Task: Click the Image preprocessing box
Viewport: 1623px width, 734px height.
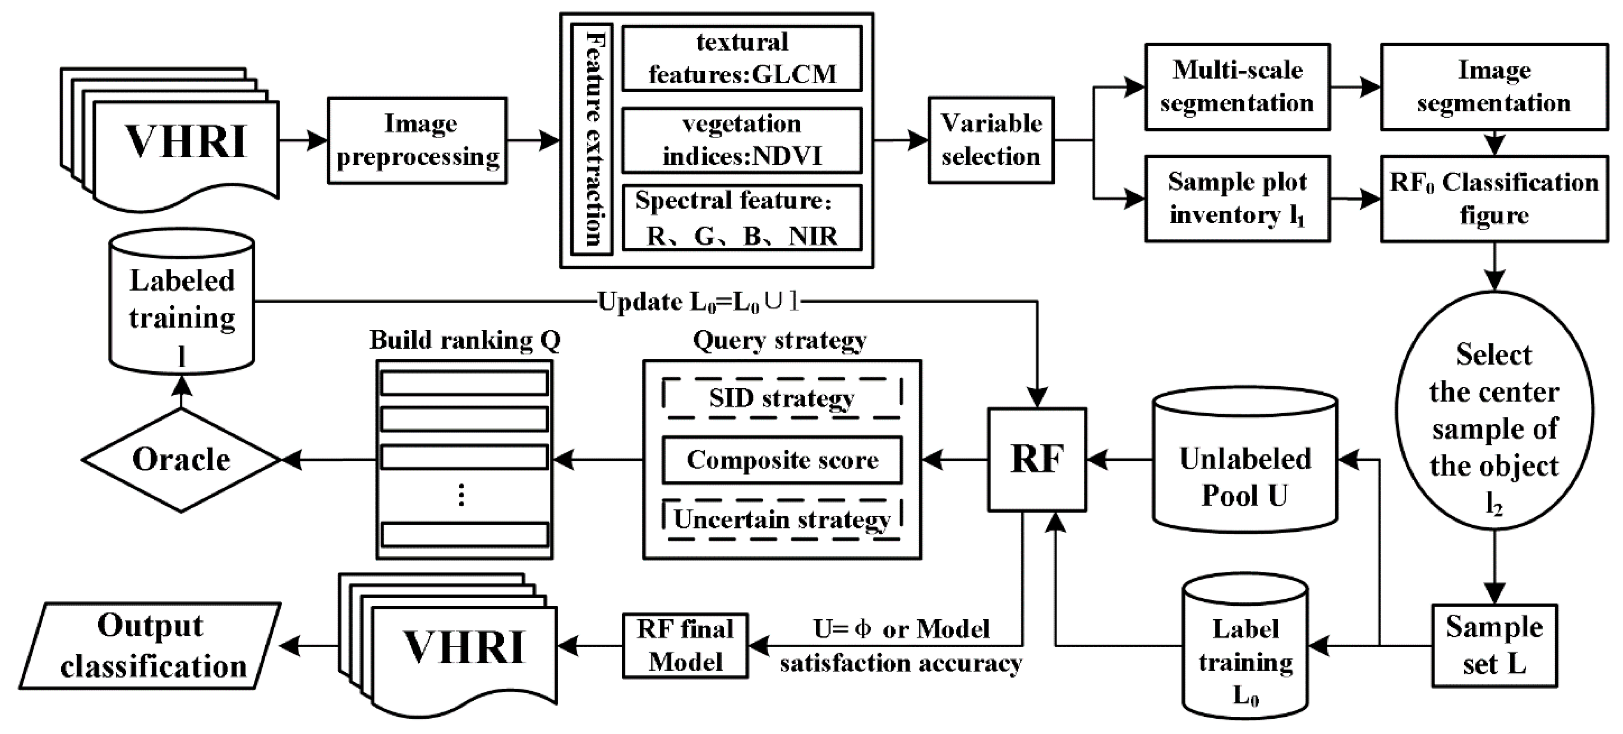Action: [x=417, y=141]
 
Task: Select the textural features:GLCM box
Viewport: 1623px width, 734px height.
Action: [x=741, y=58]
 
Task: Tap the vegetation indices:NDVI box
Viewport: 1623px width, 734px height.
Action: [x=741, y=140]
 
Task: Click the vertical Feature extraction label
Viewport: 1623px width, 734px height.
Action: [x=592, y=139]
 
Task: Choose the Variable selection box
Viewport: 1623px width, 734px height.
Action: [x=991, y=140]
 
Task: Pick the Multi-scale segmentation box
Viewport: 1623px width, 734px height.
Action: [x=1237, y=87]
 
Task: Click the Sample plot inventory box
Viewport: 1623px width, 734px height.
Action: [x=1237, y=199]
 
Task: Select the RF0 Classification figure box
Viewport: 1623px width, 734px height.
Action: [x=1494, y=199]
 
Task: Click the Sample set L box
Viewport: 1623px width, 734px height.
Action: [x=1494, y=645]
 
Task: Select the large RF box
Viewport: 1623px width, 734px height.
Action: [x=1037, y=459]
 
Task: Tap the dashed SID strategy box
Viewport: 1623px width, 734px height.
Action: [x=782, y=398]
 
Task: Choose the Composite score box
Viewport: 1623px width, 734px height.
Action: [x=782, y=460]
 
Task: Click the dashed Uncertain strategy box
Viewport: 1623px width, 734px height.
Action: [x=782, y=520]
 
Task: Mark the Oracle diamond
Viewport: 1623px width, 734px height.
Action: [x=181, y=460]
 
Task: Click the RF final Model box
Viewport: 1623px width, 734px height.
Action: [x=685, y=646]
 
